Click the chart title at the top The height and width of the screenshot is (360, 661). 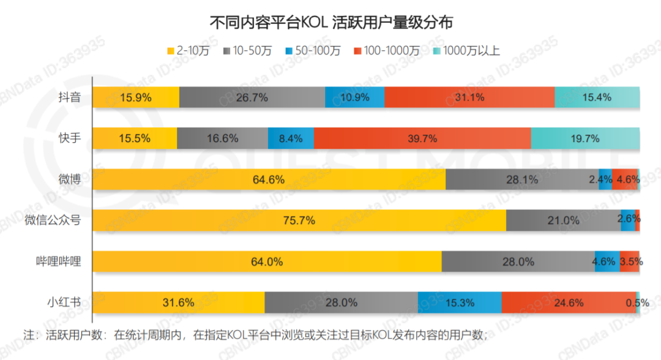click(330, 23)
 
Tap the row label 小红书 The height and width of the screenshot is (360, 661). click(64, 302)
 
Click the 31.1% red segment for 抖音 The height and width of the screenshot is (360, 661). click(469, 97)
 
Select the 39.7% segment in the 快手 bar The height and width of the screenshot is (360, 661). click(422, 138)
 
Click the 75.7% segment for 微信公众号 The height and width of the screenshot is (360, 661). click(299, 220)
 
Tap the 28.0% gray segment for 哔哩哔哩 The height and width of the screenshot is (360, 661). click(518, 261)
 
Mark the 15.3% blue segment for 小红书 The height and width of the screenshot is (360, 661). click(459, 302)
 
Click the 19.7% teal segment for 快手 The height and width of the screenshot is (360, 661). click(584, 138)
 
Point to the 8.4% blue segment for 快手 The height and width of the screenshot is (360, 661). click(291, 138)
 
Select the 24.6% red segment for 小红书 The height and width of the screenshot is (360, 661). click(568, 302)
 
